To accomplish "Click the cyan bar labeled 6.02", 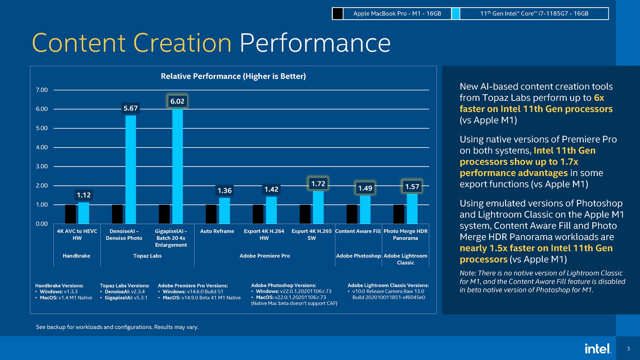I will click(178, 166).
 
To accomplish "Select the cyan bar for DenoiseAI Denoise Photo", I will click(130, 170).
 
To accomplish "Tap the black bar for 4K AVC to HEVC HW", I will click(70, 214).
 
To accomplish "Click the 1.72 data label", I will click(318, 184).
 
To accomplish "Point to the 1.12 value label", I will click(84, 195).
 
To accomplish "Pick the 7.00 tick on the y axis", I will click(42, 90).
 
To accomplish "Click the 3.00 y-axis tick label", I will click(42, 166).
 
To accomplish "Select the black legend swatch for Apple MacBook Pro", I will click(338, 14).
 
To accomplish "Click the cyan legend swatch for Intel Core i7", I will click(456, 14).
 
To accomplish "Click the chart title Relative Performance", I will click(233, 76).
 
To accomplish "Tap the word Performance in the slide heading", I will click(315, 43).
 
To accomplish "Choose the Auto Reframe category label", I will click(217, 231).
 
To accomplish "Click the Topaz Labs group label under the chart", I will click(147, 256).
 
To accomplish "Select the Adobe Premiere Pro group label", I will click(264, 256).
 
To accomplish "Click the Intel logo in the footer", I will click(598, 348).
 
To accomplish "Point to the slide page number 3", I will click(628, 349).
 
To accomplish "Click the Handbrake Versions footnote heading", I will click(59, 286).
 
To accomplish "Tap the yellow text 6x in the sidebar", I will click(599, 98).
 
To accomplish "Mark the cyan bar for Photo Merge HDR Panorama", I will click(412, 209).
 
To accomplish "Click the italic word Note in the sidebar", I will click(467, 273).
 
